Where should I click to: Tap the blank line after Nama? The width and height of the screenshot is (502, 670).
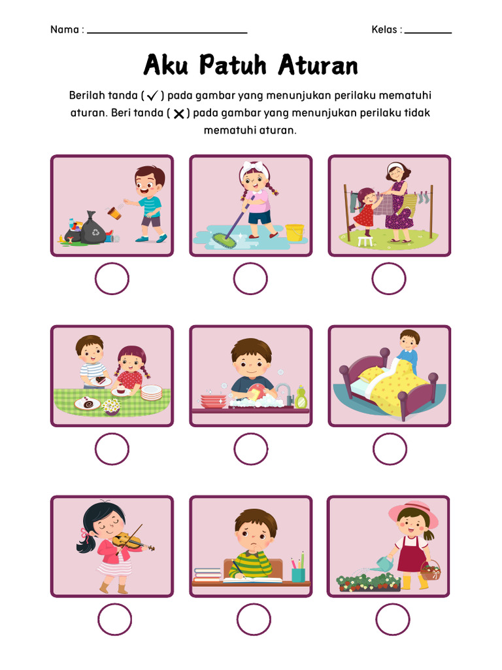point(167,31)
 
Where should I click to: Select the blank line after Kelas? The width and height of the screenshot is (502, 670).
point(428,31)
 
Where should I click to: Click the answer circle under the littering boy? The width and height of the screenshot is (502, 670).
point(112,279)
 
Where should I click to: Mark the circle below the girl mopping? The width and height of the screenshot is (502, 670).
point(250,279)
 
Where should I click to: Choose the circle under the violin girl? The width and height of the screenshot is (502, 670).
point(114,619)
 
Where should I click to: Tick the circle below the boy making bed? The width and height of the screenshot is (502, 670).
point(390,449)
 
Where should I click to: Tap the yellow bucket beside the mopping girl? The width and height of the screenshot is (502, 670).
point(295,232)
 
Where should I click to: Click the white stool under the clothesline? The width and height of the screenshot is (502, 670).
point(365,241)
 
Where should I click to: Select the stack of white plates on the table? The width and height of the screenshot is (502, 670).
point(151,392)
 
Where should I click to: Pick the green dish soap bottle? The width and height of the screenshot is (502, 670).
point(301,398)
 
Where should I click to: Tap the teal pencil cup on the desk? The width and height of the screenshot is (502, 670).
point(298,574)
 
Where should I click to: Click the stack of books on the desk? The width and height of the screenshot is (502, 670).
point(208,574)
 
